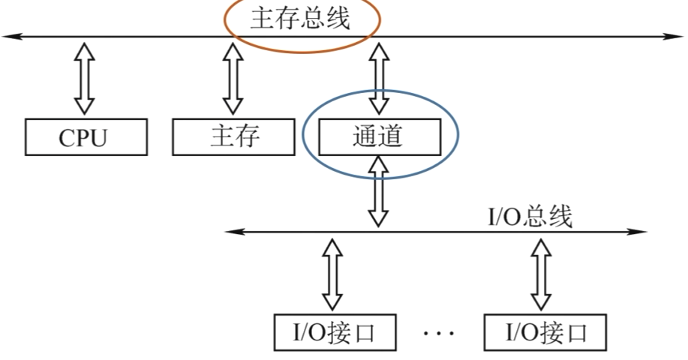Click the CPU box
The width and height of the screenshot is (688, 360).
[85, 137]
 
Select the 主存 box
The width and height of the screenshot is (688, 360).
[233, 137]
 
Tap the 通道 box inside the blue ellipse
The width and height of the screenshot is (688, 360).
[380, 136]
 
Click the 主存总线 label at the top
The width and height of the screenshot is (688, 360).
[300, 19]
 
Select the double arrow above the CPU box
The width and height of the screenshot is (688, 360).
[85, 78]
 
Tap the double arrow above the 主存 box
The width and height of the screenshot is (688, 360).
[233, 78]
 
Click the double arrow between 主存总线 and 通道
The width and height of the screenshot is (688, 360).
[380, 78]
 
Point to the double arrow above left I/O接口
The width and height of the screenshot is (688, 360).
[334, 274]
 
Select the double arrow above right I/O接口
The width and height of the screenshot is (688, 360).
[540, 274]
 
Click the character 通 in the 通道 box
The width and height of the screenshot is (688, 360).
[365, 136]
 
